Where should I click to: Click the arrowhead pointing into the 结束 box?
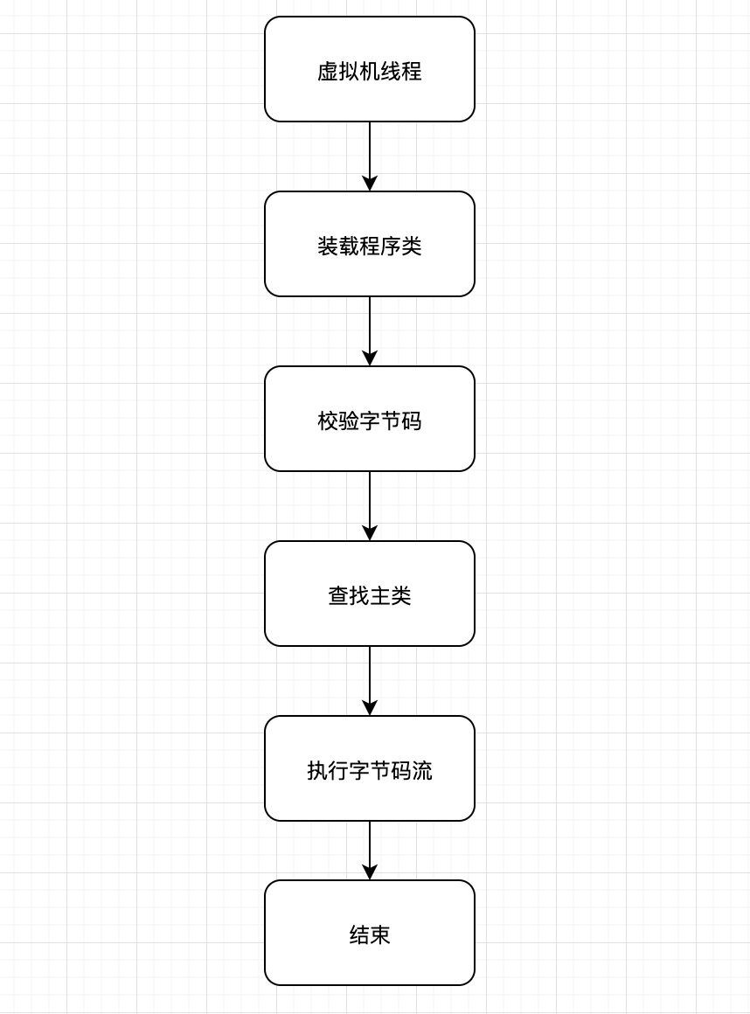370,872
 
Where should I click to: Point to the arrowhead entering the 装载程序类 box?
370,184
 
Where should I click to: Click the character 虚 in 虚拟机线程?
328,72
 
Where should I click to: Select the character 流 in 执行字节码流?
422,771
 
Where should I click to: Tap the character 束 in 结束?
380,935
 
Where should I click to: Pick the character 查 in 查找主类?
338,596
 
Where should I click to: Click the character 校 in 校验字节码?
328,421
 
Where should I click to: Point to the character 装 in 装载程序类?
328,247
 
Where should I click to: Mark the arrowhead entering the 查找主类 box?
370,533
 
